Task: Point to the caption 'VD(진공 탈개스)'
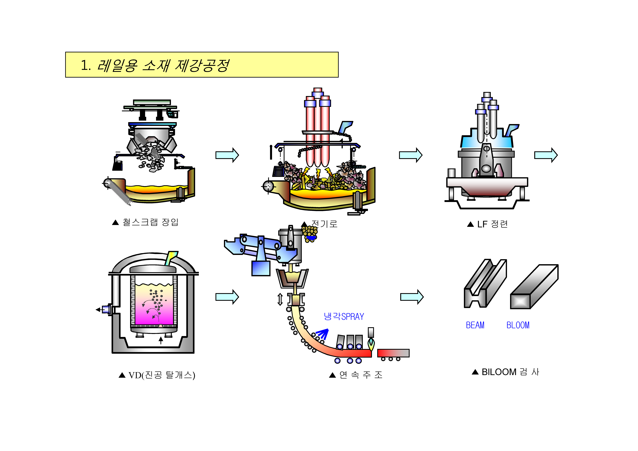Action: [161, 375]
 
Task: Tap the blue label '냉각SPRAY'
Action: [344, 316]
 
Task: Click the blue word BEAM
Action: [475, 325]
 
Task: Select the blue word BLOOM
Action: [518, 325]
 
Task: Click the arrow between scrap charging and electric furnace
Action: [227, 155]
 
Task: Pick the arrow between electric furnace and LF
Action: [410, 155]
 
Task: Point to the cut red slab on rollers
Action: [393, 353]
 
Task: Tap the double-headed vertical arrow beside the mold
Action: [280, 299]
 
